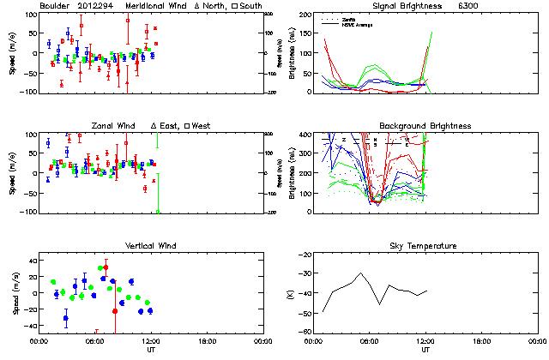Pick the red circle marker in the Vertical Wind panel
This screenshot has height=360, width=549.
(x=106, y=267)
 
